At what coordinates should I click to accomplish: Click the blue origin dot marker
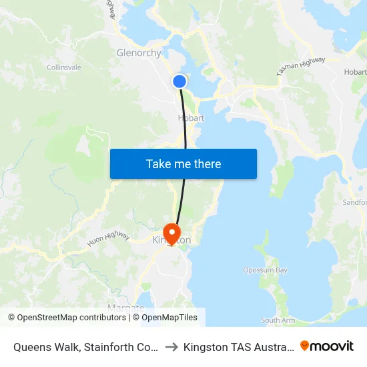(x=179, y=81)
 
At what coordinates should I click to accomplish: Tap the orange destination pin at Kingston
(x=172, y=233)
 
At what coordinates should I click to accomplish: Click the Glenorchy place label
(x=139, y=53)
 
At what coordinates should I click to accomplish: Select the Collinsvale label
(x=65, y=67)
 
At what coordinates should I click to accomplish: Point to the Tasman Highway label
(x=300, y=66)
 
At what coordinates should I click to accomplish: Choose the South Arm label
(x=278, y=321)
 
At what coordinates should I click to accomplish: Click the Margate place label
(x=125, y=308)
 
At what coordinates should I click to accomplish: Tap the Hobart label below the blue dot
(x=191, y=118)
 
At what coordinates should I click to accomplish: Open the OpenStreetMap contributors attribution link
(x=67, y=318)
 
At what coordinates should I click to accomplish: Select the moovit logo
(x=327, y=346)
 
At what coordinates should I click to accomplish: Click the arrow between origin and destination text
(x=170, y=346)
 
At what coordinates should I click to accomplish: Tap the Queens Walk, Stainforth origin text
(x=85, y=346)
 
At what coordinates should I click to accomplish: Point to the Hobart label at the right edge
(x=354, y=72)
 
